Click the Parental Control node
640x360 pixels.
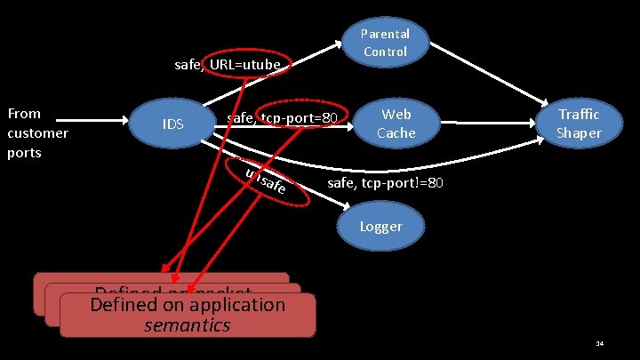tap(385, 43)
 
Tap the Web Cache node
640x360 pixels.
tap(396, 124)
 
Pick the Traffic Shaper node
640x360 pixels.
tap(579, 124)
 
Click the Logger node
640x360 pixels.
tap(380, 227)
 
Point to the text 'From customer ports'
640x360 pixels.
tap(36, 132)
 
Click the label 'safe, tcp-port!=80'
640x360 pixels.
tap(385, 182)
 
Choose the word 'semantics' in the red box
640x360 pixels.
tap(187, 325)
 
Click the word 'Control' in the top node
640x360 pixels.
tap(385, 52)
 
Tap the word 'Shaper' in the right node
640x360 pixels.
tap(579, 133)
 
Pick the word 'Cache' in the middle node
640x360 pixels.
tap(396, 133)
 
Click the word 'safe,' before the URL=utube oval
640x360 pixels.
tap(188, 64)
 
